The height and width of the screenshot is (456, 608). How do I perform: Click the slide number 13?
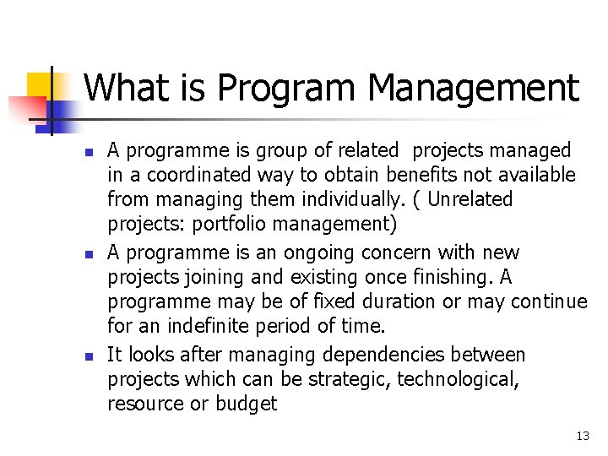[582, 436]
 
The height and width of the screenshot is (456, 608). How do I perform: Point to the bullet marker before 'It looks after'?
[87, 356]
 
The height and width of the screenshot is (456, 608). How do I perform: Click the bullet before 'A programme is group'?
[87, 153]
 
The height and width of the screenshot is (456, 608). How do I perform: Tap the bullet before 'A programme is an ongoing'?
[87, 254]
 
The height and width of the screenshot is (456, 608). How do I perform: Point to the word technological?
[459, 379]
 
